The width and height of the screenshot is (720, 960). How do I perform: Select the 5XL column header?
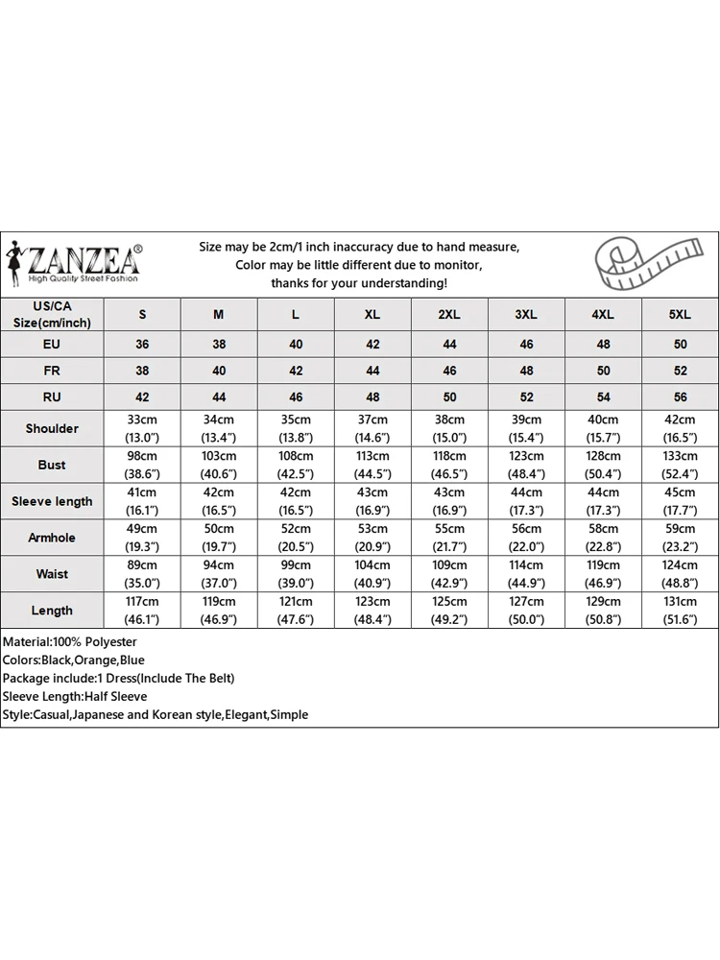(x=680, y=315)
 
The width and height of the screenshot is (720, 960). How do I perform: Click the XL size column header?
(x=372, y=315)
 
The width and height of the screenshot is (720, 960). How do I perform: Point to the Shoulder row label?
(x=52, y=428)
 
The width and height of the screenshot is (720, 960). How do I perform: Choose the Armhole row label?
(x=52, y=538)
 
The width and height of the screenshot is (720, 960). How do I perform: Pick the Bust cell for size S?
(x=142, y=465)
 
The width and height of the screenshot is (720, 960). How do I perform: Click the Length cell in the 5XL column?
(x=680, y=611)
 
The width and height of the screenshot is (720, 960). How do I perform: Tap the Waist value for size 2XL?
(x=449, y=574)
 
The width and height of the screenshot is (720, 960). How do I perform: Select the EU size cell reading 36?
(x=142, y=344)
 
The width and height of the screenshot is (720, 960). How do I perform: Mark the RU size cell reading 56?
(x=680, y=396)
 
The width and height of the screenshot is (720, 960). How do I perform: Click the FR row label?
(x=52, y=370)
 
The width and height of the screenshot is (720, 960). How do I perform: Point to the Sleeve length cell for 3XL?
(x=526, y=501)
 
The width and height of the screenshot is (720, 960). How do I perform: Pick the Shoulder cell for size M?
(x=219, y=428)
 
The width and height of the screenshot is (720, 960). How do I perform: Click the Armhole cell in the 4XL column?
(x=603, y=538)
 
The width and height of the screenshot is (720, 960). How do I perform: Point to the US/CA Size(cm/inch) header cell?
(x=52, y=314)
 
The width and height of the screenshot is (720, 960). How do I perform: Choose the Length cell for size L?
(x=296, y=611)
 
